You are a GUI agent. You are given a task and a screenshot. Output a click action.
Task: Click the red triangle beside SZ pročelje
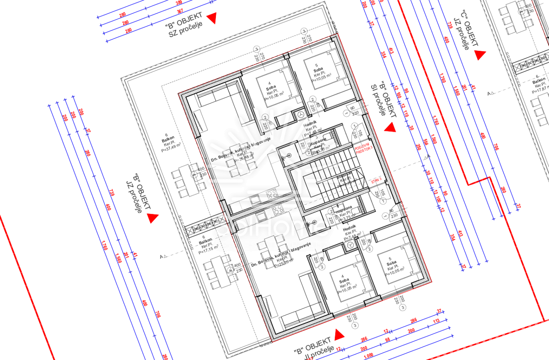[211, 18]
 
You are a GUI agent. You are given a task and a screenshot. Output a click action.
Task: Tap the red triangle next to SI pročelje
[390, 128]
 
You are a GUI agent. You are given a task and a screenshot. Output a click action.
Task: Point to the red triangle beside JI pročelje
[339, 335]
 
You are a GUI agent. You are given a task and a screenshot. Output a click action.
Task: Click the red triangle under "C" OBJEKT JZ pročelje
[480, 55]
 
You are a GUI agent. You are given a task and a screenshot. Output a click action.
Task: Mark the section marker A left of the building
[163, 257]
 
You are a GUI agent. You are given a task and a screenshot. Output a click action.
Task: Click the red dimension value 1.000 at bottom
[368, 356]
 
